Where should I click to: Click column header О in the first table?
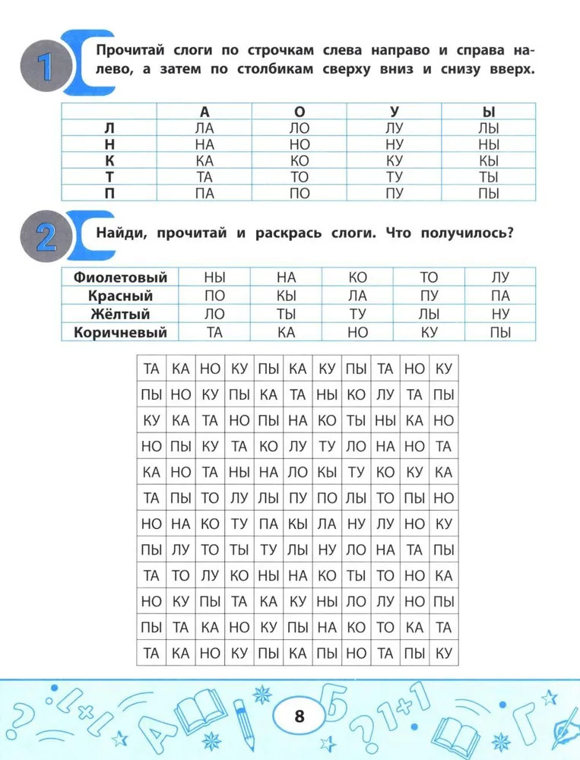(x=300, y=111)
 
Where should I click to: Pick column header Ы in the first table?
(x=489, y=111)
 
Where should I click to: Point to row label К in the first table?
(x=109, y=160)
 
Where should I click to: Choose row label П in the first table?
(x=109, y=193)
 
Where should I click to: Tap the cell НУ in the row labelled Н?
(x=394, y=144)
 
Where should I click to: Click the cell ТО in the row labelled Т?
(x=300, y=177)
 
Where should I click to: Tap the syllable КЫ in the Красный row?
(x=286, y=296)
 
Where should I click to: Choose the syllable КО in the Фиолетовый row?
(x=357, y=277)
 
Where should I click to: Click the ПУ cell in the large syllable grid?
(x=298, y=499)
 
